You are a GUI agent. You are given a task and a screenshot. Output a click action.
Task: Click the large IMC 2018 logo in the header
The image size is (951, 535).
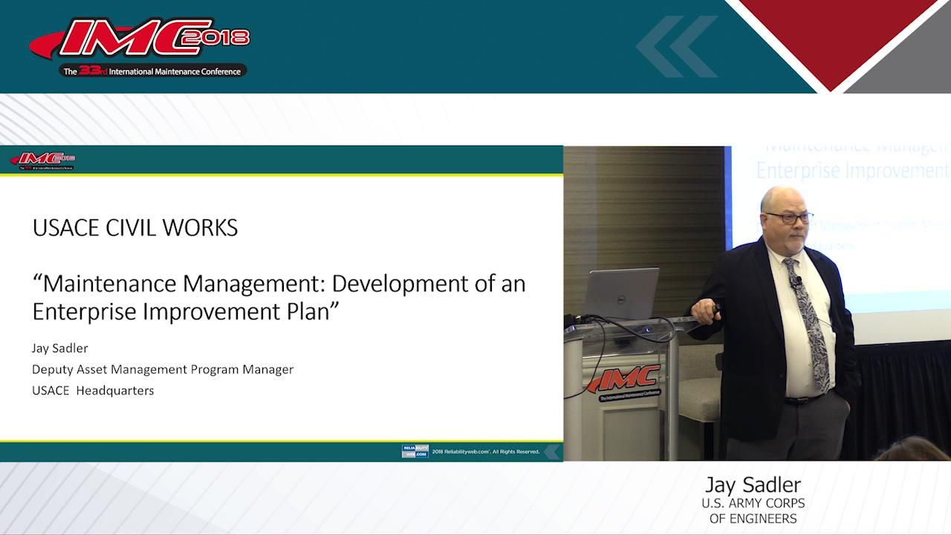click(141, 46)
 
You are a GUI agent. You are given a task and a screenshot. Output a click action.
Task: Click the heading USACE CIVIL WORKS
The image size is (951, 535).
click(134, 227)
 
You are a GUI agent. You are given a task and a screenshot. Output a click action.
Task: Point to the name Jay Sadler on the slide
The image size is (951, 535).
click(59, 348)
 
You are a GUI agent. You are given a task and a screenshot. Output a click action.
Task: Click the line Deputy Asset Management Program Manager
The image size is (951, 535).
click(162, 369)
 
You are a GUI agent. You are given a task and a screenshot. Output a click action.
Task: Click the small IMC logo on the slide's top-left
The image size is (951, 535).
click(42, 160)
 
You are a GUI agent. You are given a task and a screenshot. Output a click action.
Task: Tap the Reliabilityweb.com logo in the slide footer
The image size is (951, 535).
click(415, 451)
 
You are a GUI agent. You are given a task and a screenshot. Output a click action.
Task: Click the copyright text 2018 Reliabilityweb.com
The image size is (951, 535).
click(486, 452)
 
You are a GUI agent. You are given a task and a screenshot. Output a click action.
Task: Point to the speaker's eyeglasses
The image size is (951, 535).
click(788, 217)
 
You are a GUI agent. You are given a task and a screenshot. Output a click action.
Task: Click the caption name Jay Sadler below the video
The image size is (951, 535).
click(753, 485)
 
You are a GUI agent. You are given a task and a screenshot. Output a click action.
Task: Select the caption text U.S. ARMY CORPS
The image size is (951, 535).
click(753, 503)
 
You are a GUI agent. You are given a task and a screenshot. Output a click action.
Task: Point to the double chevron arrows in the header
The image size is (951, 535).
click(676, 46)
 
